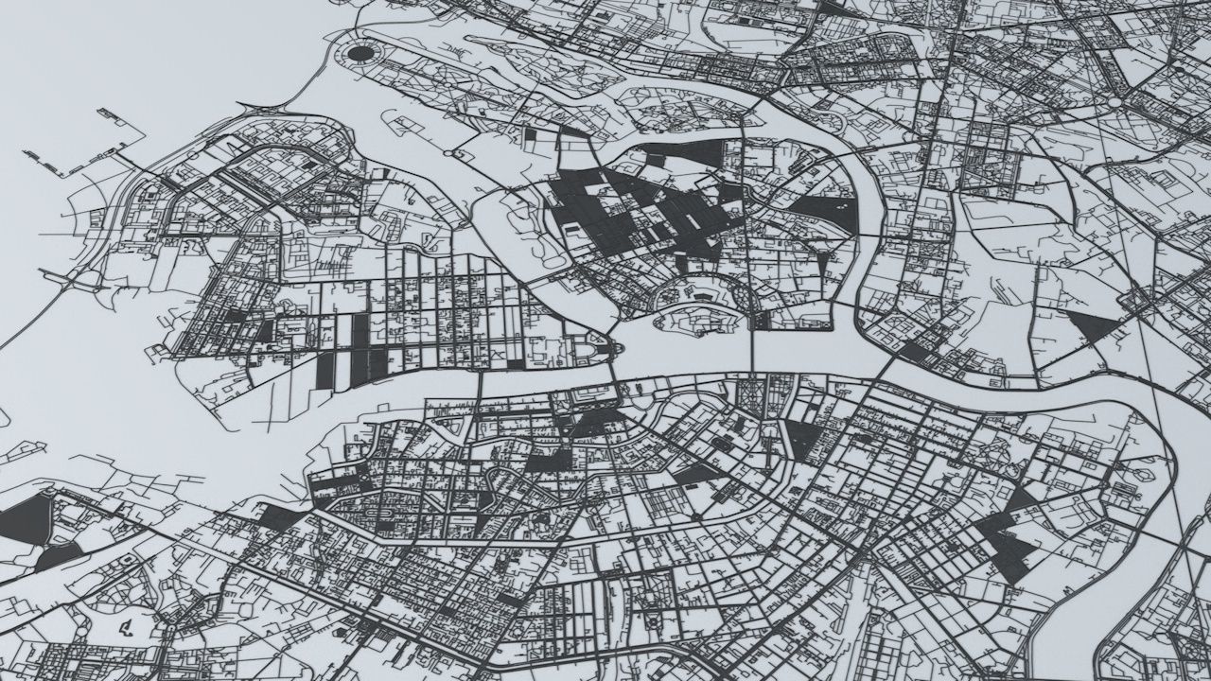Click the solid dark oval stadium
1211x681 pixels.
(x=360, y=53)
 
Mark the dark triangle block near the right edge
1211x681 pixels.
(x=1094, y=326)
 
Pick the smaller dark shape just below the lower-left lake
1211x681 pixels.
(x=59, y=555)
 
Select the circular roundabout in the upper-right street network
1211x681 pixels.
(x=1114, y=102)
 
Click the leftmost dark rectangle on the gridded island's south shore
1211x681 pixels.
(x=325, y=370)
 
